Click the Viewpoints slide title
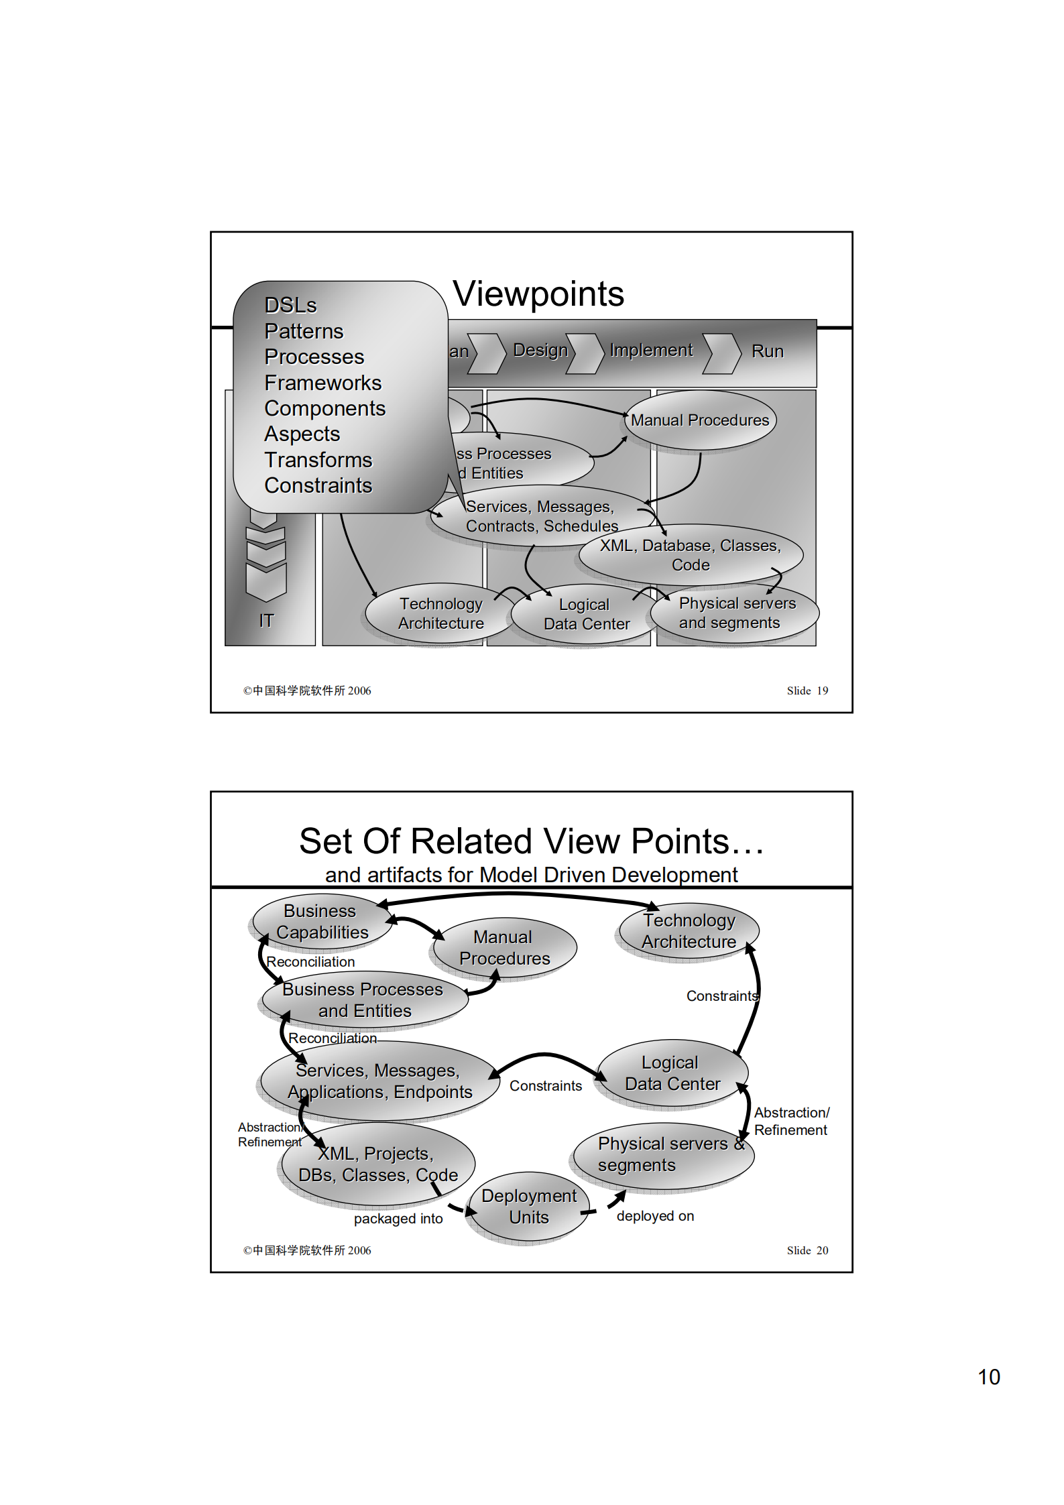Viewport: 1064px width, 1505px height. pos(538,294)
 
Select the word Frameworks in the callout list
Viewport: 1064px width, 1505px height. pos(322,383)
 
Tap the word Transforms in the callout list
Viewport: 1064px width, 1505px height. pos(318,460)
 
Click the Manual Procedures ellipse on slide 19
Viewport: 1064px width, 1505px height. pos(700,420)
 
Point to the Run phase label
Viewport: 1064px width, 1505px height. pos(767,351)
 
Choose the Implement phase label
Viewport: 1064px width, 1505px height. pos(650,350)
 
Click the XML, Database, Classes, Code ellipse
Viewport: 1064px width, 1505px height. pos(690,555)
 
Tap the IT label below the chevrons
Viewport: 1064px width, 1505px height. pos(266,621)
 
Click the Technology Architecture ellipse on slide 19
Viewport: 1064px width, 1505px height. pos(440,613)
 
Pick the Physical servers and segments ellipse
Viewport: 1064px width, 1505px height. pos(736,613)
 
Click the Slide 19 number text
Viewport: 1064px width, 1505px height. pos(807,690)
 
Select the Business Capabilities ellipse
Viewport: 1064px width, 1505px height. pos(322,922)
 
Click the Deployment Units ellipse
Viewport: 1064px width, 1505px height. pos(528,1207)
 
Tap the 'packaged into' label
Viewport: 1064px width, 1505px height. pos(398,1219)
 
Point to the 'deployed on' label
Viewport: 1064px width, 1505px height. pos(655,1216)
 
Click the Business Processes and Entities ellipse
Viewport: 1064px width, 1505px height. pos(364,1000)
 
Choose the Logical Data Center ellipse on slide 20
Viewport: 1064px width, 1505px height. pos(672,1073)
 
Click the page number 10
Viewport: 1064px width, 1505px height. pos(988,1377)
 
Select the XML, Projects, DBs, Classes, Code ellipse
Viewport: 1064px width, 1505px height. pos(377,1164)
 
